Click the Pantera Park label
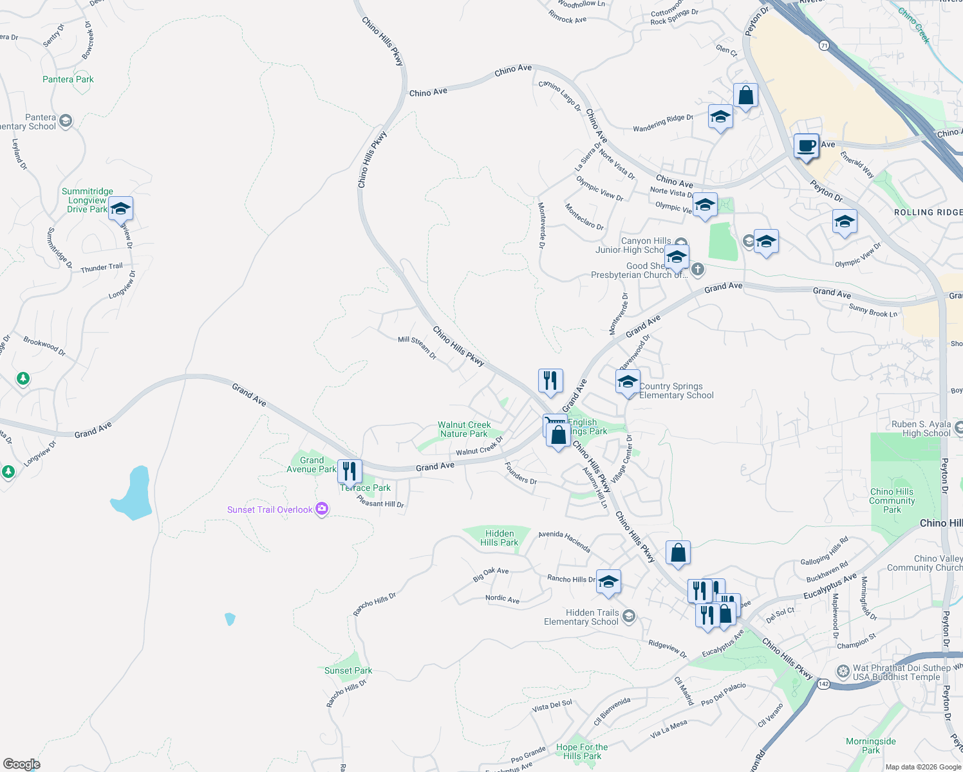[x=68, y=80]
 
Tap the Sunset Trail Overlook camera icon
[x=322, y=510]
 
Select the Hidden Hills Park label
[x=499, y=538]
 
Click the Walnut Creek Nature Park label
[x=464, y=429]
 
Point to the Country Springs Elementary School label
[x=676, y=391]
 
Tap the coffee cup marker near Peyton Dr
[x=805, y=146]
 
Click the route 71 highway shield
[x=824, y=46]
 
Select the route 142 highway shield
[x=823, y=684]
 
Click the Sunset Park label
[x=348, y=670]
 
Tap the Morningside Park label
[x=870, y=746]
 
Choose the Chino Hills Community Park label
[x=892, y=501]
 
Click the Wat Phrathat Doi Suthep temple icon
[x=843, y=672]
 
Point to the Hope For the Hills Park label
[x=582, y=751]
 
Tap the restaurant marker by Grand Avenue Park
[x=349, y=472]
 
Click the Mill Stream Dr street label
[x=417, y=347]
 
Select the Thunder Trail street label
[x=101, y=268]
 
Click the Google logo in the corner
[x=21, y=764]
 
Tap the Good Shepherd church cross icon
[x=698, y=269]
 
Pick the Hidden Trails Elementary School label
[x=581, y=617]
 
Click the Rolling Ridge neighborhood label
[x=928, y=212]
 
